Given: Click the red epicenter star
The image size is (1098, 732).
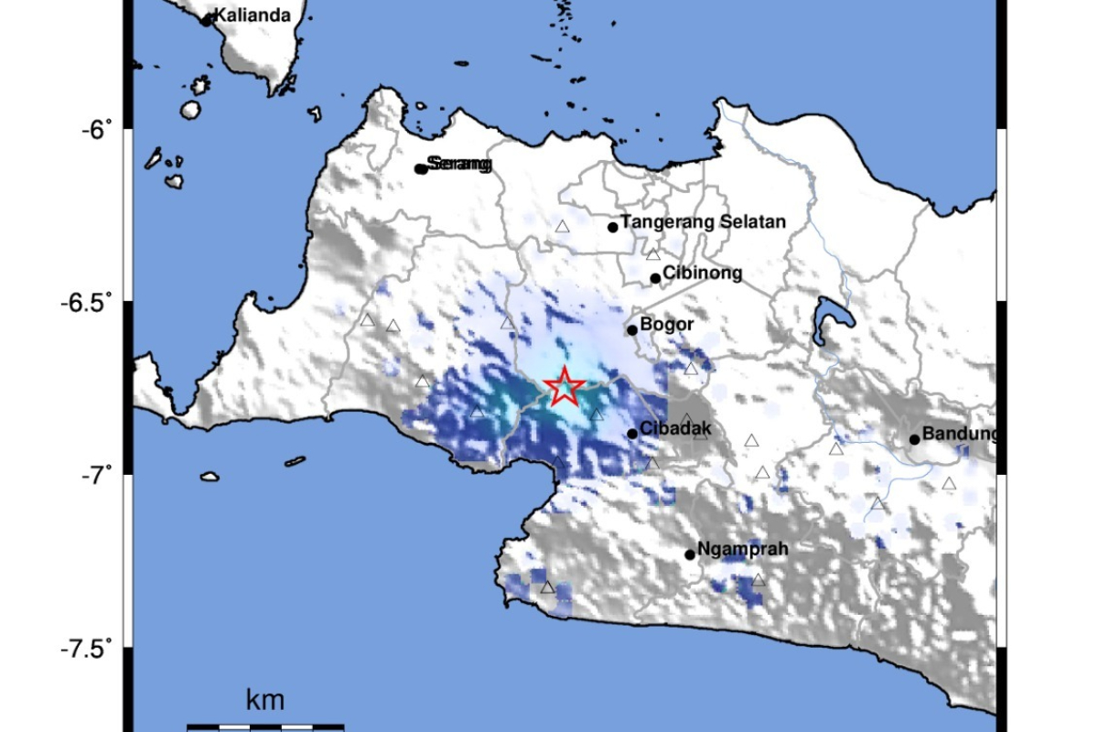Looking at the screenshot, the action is (x=565, y=388).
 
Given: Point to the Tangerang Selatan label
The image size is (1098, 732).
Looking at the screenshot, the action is (x=703, y=221).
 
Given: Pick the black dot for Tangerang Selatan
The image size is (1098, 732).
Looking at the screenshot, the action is (x=613, y=227).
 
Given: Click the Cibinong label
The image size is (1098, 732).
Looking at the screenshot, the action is (x=702, y=273).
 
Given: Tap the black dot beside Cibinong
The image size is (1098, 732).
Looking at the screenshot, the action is (x=655, y=278).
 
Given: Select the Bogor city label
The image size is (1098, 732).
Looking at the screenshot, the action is (x=667, y=324).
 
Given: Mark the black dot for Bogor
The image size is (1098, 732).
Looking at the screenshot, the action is (x=631, y=330).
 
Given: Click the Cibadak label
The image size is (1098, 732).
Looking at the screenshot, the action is (x=675, y=428).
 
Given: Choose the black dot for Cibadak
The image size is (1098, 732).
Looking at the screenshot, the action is (x=632, y=434).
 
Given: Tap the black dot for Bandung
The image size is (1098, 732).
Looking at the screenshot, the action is (x=914, y=439).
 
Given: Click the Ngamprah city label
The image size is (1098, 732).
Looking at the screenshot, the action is (x=742, y=550).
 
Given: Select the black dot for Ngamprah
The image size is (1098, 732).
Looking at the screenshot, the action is (x=690, y=554).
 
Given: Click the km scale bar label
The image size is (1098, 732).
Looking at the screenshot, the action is (x=265, y=702).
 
